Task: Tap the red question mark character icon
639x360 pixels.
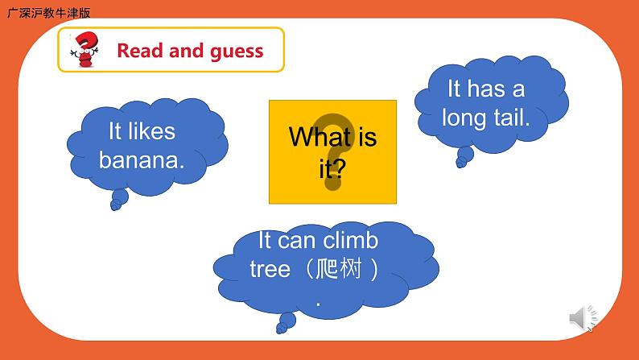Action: click(x=84, y=50)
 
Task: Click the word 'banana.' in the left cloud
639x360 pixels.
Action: click(x=142, y=159)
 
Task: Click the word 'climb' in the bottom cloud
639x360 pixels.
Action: click(x=351, y=240)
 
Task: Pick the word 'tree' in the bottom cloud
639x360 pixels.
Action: click(x=270, y=269)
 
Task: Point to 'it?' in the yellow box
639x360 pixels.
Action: click(x=332, y=168)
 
